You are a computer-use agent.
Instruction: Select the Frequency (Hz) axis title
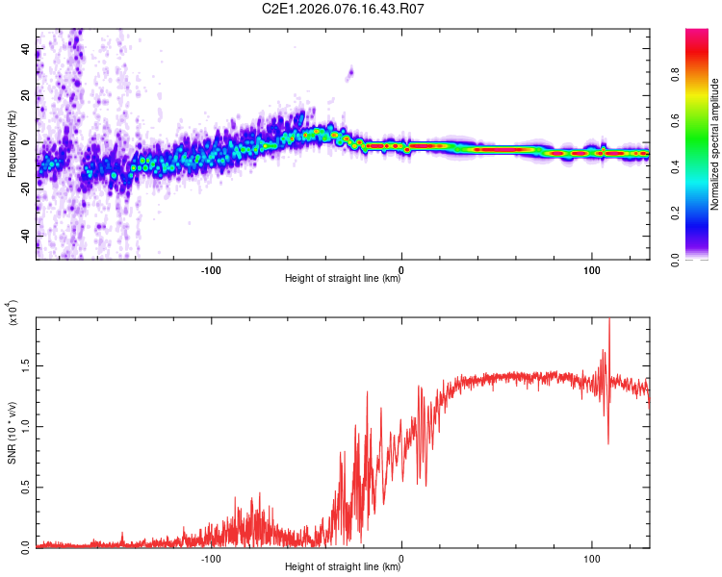(12, 145)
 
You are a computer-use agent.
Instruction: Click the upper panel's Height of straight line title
(343, 279)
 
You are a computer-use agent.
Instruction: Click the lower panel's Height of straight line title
(343, 567)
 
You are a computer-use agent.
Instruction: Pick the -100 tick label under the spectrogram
(211, 269)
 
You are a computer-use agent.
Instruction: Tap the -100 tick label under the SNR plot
(211, 558)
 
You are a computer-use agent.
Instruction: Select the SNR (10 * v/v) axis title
(12, 432)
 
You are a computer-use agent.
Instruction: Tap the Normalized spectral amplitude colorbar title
(715, 144)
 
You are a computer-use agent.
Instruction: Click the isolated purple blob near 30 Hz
(350, 71)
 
